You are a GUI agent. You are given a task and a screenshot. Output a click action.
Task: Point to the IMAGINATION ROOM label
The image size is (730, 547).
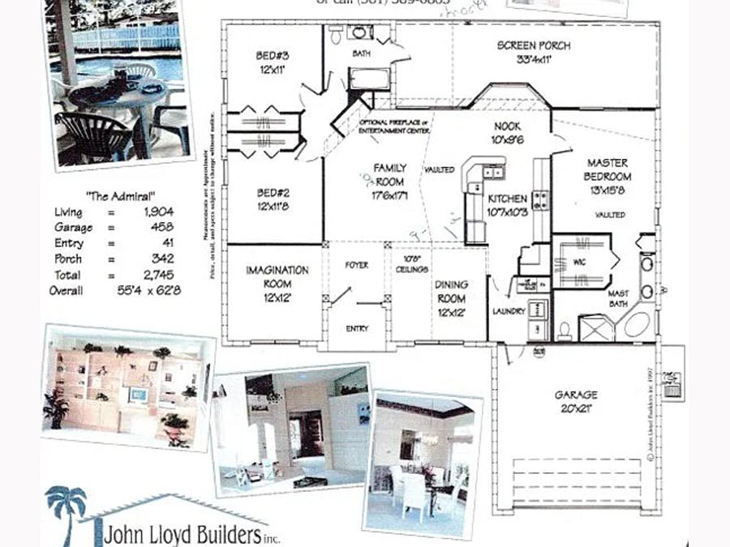[x=277, y=276]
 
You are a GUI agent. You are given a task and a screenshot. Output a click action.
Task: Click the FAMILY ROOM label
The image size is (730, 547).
[x=389, y=174]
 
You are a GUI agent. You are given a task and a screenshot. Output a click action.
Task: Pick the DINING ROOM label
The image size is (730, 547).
[x=451, y=291]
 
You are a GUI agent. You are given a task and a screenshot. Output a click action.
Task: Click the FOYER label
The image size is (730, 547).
[x=357, y=265]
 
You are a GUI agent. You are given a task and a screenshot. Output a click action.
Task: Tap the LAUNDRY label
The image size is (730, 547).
[x=509, y=311]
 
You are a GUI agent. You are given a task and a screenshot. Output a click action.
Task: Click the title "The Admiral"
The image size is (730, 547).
[x=120, y=196]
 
